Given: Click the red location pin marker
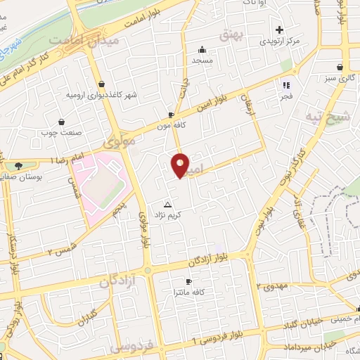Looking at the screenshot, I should point(180,165).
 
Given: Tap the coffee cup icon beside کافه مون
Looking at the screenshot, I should point(172,115).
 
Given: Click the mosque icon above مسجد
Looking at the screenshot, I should point(202,50).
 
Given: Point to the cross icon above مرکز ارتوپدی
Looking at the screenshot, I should point(280,30).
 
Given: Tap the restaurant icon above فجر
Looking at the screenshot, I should point(286,85).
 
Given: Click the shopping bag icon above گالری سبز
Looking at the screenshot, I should point(340,67).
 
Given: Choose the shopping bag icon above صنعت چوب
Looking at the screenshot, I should point(61,121).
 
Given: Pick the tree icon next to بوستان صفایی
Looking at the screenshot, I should point(18,167).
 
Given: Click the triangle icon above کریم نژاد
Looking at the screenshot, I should point(167,203).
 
